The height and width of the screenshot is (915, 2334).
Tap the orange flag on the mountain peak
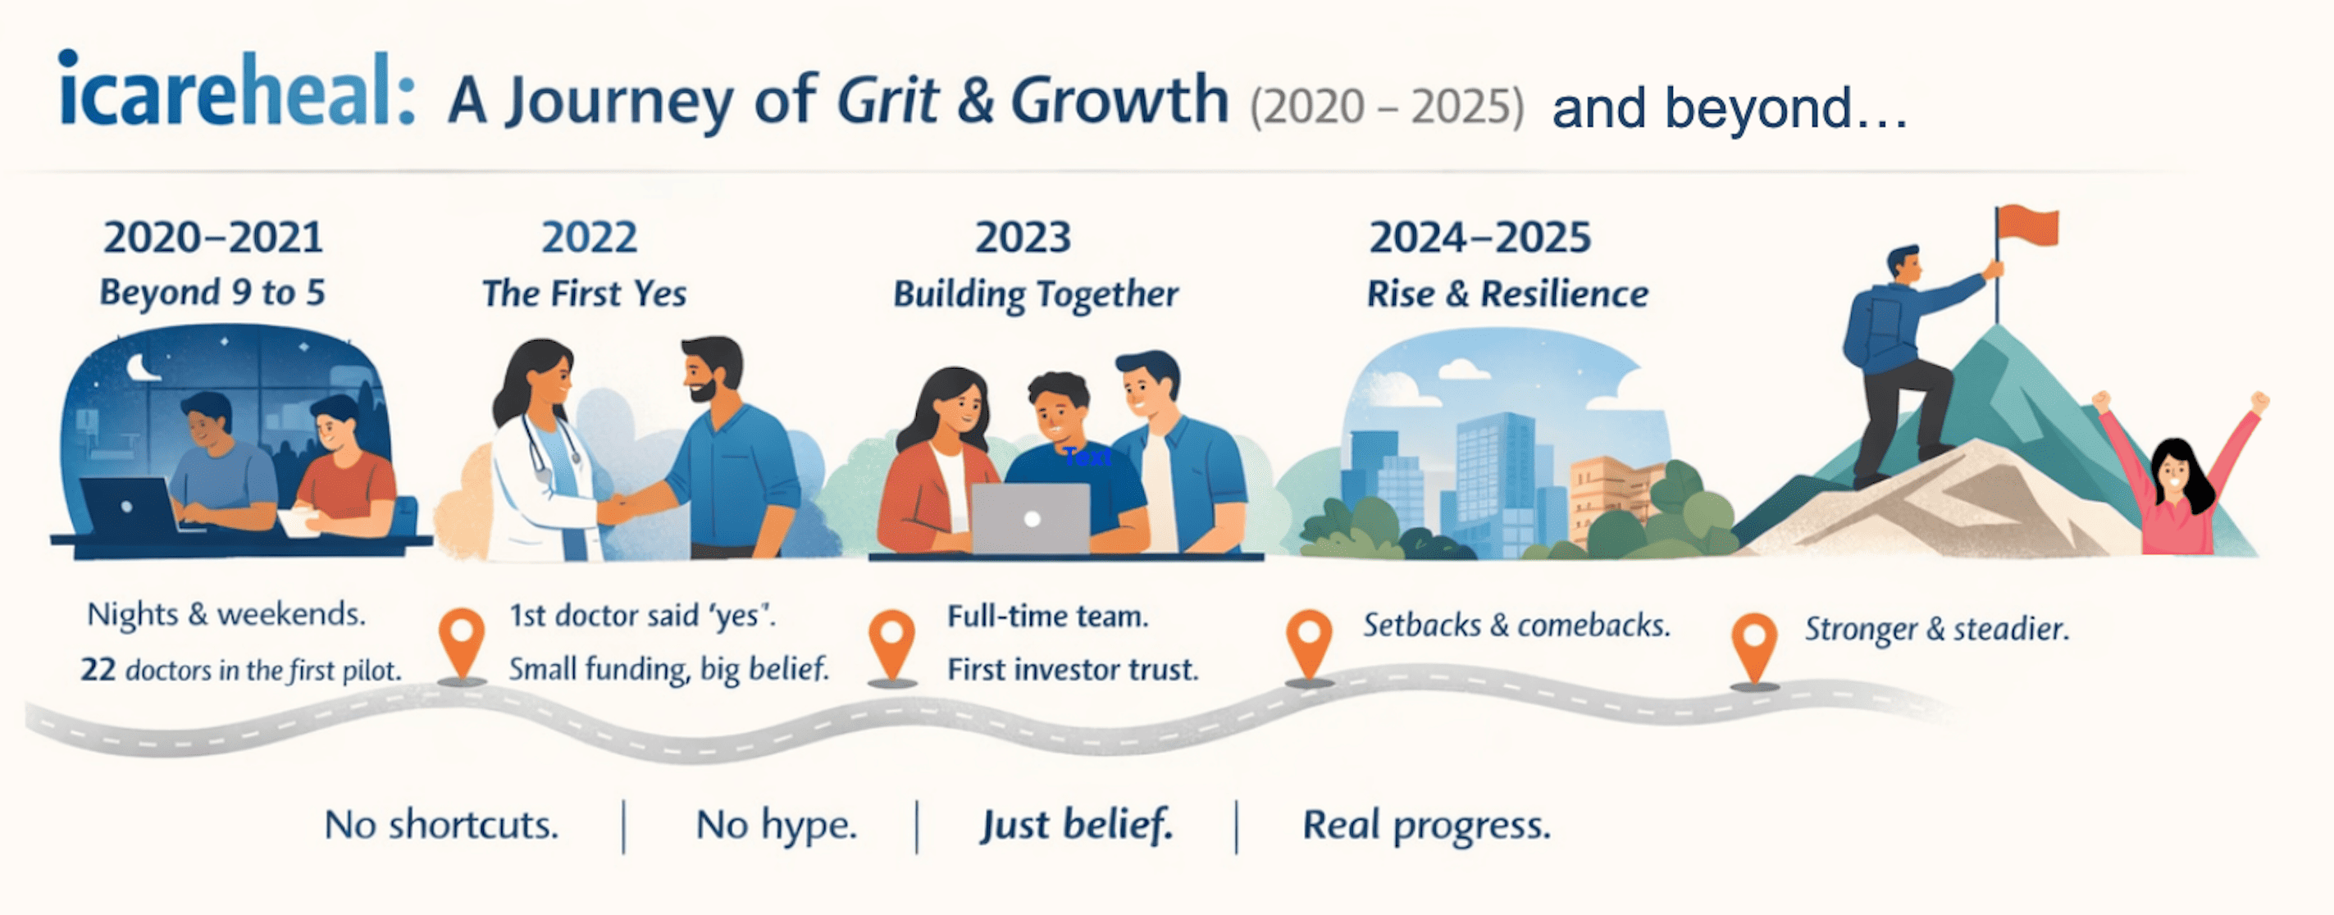pyautogui.click(x=2028, y=225)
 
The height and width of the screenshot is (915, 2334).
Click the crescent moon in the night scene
pyautogui.click(x=141, y=367)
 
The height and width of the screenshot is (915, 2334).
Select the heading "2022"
pyautogui.click(x=590, y=237)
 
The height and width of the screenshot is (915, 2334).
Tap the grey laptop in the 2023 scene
pyautogui.click(x=1031, y=518)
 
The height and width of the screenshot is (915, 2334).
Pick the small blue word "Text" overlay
pyautogui.click(x=1087, y=457)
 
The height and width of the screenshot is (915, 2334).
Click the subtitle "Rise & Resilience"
pyautogui.click(x=1507, y=294)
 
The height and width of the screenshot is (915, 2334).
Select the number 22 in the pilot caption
pyautogui.click(x=98, y=670)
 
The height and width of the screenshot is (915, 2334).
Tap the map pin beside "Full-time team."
pyautogui.click(x=891, y=645)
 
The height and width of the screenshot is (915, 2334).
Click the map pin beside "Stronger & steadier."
pyautogui.click(x=1755, y=649)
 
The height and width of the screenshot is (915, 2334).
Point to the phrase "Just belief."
pyautogui.click(x=1077, y=826)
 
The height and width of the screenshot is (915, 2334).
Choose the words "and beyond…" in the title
pyautogui.click(x=1730, y=109)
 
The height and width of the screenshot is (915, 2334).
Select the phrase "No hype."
pyautogui.click(x=777, y=826)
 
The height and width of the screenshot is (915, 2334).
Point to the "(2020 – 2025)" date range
pyautogui.click(x=1387, y=107)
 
